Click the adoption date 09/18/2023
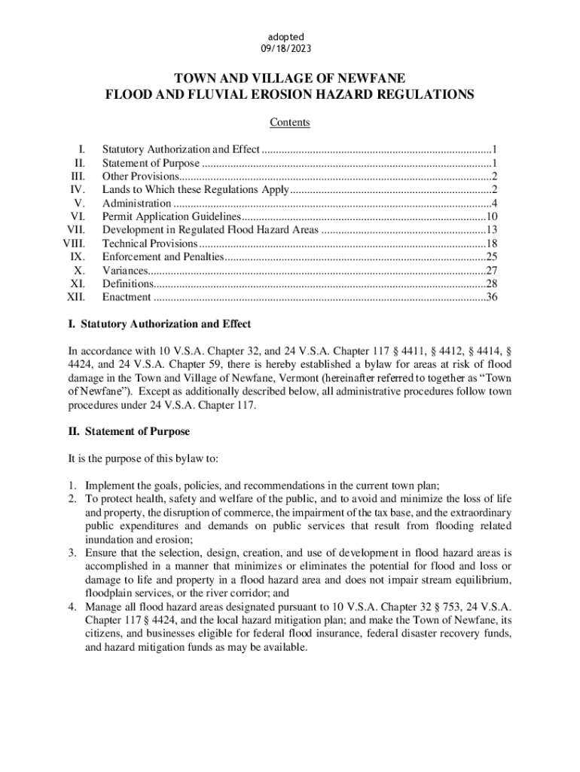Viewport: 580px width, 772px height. [290, 49]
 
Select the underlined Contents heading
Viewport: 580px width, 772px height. [290, 123]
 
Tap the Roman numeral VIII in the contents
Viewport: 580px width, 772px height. [73, 244]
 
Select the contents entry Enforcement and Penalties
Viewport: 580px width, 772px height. [163, 257]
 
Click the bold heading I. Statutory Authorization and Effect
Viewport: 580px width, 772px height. [160, 324]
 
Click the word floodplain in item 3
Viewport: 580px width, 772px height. [108, 593]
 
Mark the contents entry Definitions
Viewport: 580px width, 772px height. [127, 284]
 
